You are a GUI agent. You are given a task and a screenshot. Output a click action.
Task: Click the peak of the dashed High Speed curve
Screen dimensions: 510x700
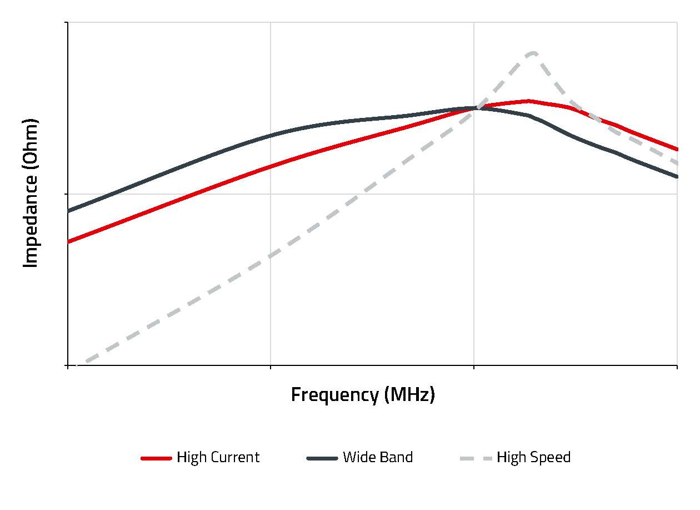tap(532, 53)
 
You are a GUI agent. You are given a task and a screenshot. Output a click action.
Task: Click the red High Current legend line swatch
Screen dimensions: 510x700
tap(156, 458)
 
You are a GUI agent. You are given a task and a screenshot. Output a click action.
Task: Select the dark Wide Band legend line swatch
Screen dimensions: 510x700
tap(322, 458)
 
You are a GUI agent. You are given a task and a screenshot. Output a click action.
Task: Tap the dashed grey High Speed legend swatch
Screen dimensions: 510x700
tap(476, 458)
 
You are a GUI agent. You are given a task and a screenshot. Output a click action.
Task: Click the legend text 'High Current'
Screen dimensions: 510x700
tap(218, 458)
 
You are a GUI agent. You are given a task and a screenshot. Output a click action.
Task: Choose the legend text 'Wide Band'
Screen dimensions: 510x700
tap(378, 458)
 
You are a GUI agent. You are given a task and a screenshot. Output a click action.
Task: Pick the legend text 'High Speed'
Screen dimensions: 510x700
tap(533, 458)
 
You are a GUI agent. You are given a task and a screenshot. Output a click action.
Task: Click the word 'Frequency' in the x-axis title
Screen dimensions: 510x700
tap(334, 395)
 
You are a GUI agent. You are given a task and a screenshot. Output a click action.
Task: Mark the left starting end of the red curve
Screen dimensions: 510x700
tap(68, 242)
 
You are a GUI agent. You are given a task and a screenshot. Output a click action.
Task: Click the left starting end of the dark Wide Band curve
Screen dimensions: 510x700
tap(68, 211)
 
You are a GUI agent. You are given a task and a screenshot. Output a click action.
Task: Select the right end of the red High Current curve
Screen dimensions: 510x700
tap(677, 149)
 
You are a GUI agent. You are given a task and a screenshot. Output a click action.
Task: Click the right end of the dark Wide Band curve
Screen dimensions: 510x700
tap(677, 177)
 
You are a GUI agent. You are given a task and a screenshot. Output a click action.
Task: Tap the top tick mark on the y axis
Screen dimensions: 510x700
tap(67, 23)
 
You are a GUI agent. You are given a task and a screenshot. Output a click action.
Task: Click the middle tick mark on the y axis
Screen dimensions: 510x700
tap(67, 194)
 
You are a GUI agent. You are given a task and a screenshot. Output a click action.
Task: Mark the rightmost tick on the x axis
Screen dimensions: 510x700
tap(677, 367)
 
